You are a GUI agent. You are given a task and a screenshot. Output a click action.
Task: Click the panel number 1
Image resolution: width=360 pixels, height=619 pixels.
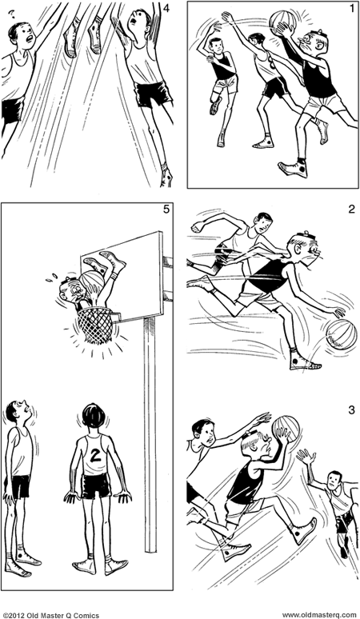click(351, 9)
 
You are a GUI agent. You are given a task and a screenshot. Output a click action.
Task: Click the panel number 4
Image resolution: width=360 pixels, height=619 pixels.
click(166, 9)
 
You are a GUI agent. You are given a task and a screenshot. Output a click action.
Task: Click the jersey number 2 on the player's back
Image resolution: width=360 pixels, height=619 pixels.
click(96, 455)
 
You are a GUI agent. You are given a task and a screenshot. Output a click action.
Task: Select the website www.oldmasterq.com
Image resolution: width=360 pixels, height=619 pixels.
click(318, 613)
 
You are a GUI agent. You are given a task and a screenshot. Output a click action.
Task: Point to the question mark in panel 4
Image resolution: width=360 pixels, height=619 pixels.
click(11, 13)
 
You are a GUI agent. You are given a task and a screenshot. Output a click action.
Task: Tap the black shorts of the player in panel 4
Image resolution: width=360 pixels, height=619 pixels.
click(153, 94)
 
